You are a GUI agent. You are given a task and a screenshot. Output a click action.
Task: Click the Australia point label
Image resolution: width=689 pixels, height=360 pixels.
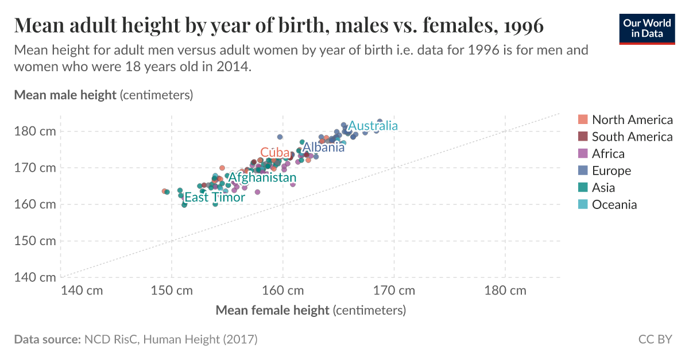(373, 126)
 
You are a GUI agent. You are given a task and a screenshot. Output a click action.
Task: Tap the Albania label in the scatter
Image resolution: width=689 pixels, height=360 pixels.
(323, 147)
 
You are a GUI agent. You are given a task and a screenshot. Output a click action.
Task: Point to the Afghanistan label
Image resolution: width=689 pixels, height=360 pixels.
(262, 178)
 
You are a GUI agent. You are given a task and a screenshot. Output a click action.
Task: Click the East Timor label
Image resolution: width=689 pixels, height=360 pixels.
(215, 198)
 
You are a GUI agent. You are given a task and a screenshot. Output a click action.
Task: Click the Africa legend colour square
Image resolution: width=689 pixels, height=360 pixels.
(583, 153)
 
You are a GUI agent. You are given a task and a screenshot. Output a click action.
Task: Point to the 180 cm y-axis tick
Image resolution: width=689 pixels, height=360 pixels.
(35, 131)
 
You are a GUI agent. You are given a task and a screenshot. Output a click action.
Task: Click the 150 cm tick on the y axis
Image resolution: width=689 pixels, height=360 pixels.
(35, 241)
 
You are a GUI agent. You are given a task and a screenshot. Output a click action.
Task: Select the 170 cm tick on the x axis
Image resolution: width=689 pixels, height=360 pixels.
(393, 290)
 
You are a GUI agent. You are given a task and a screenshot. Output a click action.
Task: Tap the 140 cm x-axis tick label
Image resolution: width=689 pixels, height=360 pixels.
(82, 290)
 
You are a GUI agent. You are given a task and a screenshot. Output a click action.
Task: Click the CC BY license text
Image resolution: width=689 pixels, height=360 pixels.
(655, 339)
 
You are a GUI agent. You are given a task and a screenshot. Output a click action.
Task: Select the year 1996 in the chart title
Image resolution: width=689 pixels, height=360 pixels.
(522, 26)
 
